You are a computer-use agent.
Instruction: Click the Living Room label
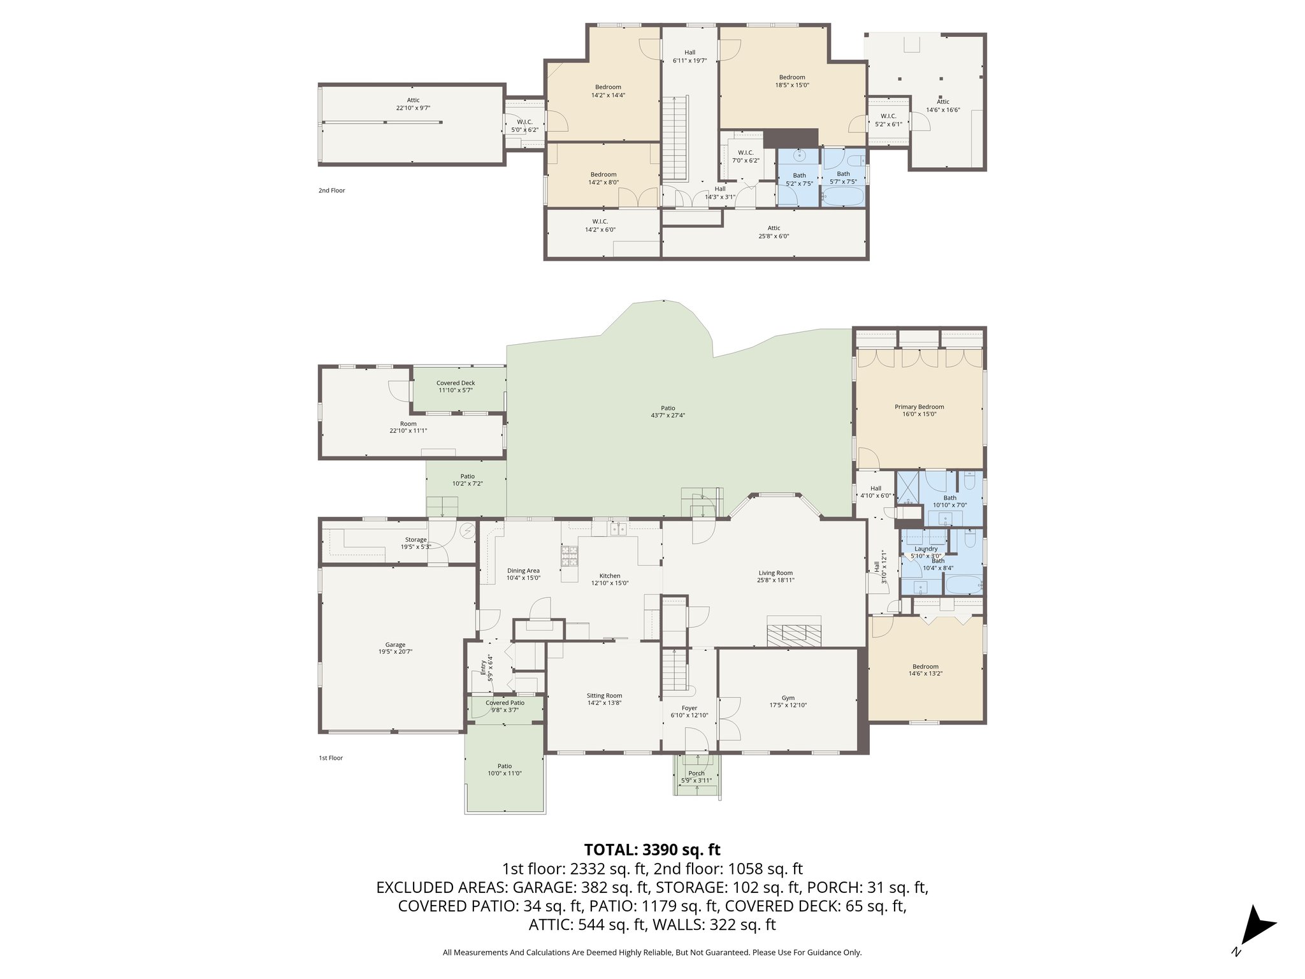point(775,573)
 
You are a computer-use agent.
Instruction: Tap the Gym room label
point(788,698)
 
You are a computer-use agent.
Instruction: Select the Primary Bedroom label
point(919,407)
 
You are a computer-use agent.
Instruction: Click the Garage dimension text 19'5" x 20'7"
point(395,652)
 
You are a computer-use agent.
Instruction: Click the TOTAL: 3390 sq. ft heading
point(652,850)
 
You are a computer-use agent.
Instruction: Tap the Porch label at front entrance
point(696,774)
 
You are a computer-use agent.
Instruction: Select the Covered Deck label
point(456,383)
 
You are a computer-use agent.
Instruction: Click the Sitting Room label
point(604,696)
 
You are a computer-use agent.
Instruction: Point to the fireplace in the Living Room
point(794,632)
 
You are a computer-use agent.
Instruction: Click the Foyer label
point(689,708)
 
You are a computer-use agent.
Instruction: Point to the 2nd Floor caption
point(331,191)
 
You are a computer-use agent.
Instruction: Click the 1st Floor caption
point(331,758)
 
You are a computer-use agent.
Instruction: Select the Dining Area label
point(523,571)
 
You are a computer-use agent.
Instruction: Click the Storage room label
point(415,540)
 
